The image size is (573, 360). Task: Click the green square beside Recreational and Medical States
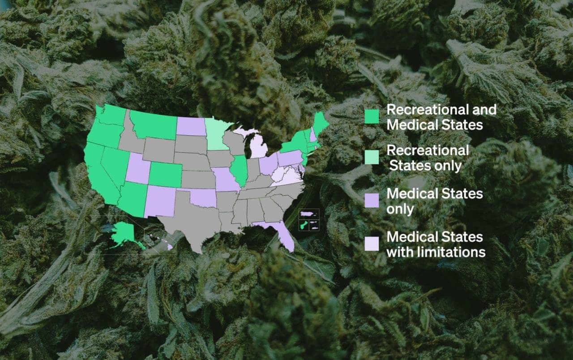pos(372,116)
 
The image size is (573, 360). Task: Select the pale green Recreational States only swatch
pos(372,157)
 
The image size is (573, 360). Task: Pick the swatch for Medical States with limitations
pos(372,244)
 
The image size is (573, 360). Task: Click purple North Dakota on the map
pos(190,126)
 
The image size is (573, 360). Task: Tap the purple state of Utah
pos(138,169)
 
